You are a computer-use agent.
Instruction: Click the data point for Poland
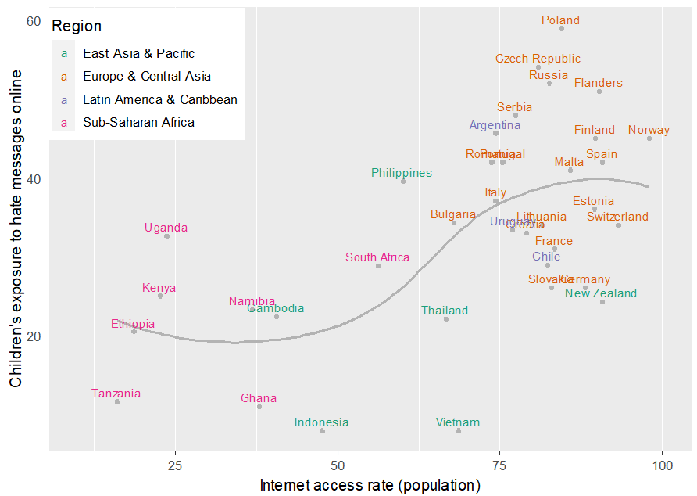(x=561, y=28)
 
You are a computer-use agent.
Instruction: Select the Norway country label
(x=649, y=130)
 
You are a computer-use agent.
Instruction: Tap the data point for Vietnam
(x=459, y=431)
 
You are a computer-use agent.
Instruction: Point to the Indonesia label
(x=321, y=422)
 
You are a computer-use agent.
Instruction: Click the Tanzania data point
(x=117, y=401)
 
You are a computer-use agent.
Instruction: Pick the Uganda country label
(x=166, y=228)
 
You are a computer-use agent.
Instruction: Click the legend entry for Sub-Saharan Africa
(x=138, y=122)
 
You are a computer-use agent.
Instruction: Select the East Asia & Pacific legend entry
(x=138, y=53)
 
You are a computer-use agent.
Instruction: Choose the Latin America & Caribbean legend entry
(x=159, y=99)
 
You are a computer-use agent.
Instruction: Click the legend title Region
(x=77, y=26)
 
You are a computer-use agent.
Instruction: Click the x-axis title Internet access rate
(x=370, y=485)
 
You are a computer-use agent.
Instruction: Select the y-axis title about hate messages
(x=16, y=228)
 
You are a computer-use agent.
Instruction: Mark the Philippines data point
(x=403, y=182)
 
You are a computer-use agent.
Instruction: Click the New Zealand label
(x=601, y=293)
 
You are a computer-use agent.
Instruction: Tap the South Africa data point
(x=378, y=266)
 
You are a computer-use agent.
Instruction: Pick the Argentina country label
(x=495, y=125)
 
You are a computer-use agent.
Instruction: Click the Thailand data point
(x=446, y=319)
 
